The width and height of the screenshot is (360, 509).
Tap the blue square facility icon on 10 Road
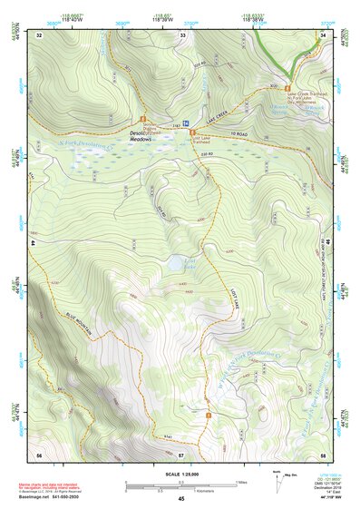pyautogui.click(x=186, y=122)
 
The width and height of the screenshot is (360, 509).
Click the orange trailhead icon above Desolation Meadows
pyautogui.click(x=142, y=119)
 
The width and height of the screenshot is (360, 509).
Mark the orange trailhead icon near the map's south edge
pyautogui.click(x=209, y=416)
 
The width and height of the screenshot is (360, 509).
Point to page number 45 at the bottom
pyautogui.click(x=181, y=500)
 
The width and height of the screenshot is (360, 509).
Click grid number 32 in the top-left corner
pyautogui.click(x=39, y=34)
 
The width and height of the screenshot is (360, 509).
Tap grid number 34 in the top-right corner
pyautogui.click(x=324, y=34)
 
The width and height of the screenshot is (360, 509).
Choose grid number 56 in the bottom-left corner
pyautogui.click(x=39, y=454)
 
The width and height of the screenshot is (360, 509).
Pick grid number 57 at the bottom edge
pyautogui.click(x=181, y=454)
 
